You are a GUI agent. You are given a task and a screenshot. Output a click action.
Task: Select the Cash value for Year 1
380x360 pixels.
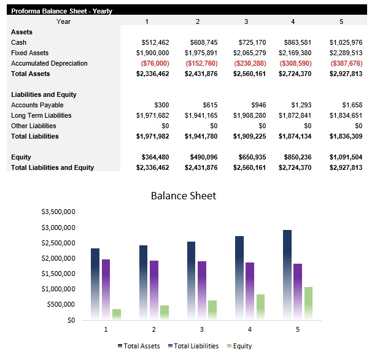coord(155,42)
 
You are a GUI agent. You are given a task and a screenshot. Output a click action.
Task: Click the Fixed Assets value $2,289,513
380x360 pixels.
coord(346,53)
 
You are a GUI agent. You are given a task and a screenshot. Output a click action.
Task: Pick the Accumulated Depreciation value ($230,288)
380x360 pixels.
coord(249,63)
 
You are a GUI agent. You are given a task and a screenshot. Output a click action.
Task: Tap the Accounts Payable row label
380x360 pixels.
coord(33,105)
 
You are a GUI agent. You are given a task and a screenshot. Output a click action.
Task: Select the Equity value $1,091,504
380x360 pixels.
coord(346,157)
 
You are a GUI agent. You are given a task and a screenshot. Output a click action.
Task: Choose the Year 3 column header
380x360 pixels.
coord(246,21)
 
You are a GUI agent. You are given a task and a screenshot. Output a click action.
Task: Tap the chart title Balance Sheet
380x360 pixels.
coord(184,196)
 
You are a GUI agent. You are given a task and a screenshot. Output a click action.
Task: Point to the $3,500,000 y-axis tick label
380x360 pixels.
coord(58,212)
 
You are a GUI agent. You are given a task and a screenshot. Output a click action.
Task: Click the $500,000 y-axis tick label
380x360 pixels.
coord(60,304)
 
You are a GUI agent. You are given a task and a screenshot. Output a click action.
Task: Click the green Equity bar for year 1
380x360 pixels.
coord(117,314)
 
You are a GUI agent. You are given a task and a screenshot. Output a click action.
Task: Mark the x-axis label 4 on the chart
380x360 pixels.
coord(250,329)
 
